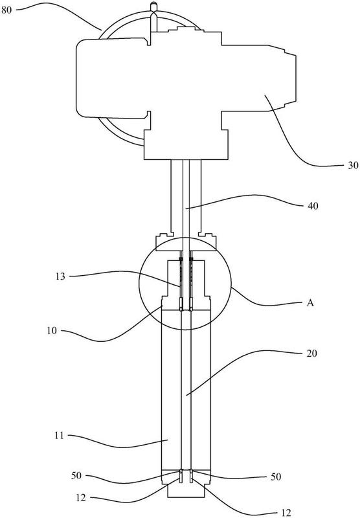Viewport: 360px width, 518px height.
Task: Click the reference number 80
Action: (x=6, y=10)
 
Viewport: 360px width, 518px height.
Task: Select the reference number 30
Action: (x=353, y=166)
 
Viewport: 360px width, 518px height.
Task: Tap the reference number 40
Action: (x=313, y=206)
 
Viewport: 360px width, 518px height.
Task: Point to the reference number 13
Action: (x=60, y=276)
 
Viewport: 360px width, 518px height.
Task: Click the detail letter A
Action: (x=309, y=303)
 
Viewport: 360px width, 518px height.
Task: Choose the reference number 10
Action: (x=52, y=331)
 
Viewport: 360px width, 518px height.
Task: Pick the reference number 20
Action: (x=312, y=354)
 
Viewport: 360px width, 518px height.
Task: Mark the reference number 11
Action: (x=59, y=436)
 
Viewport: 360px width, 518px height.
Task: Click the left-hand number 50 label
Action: (x=76, y=476)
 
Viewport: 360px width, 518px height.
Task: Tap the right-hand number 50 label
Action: (x=276, y=477)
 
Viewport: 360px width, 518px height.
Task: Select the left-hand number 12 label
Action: (x=80, y=497)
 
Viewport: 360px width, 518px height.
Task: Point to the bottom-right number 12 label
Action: (x=286, y=512)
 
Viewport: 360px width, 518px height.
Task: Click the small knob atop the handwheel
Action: (x=153, y=6)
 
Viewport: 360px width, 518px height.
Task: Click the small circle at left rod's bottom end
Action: (x=181, y=471)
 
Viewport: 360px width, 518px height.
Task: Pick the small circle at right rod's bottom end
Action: (x=191, y=471)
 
